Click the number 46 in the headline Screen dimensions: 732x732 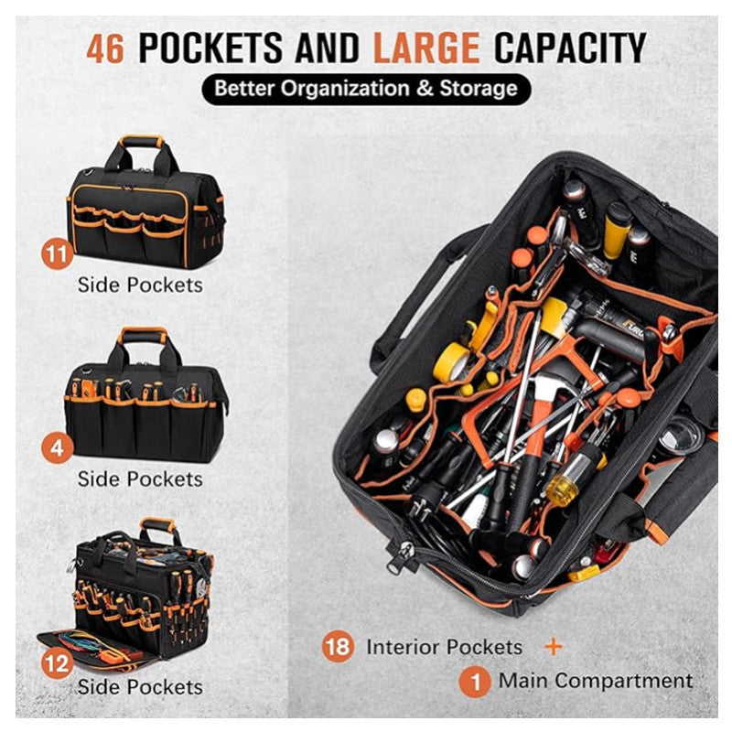click(105, 48)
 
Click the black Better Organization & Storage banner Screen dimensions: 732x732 click(365, 89)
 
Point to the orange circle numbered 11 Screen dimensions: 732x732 click(58, 253)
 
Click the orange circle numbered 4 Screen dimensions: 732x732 click(58, 449)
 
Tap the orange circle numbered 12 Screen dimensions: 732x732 click(58, 662)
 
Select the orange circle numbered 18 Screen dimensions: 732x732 click(338, 646)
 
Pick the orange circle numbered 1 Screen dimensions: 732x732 click(473, 681)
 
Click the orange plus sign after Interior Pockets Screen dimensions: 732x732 click(554, 646)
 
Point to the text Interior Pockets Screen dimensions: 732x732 click(444, 647)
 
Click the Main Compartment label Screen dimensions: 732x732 click(595, 681)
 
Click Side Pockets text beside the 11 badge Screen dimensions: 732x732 click(140, 285)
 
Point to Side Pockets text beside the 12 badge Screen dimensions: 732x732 click(140, 686)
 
